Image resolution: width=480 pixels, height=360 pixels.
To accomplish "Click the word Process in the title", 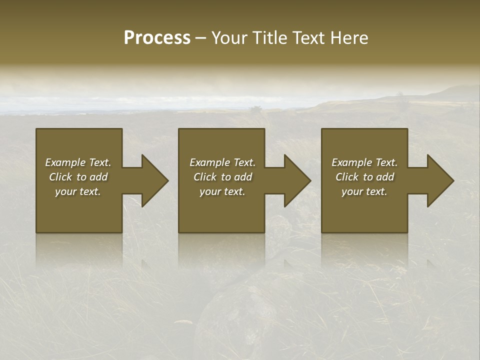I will click(x=157, y=38).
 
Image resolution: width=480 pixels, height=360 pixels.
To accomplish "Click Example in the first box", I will click(x=65, y=162).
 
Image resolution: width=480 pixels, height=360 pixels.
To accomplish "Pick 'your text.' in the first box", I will click(x=78, y=191).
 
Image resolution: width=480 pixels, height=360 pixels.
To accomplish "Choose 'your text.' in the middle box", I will click(x=222, y=191).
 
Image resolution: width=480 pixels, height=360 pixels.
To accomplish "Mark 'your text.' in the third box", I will click(x=364, y=191).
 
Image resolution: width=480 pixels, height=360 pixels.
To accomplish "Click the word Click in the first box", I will click(x=60, y=177).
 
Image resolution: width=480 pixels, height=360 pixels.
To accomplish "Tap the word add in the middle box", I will click(x=243, y=177).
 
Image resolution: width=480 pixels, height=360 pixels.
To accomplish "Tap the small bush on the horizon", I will click(x=256, y=108).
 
